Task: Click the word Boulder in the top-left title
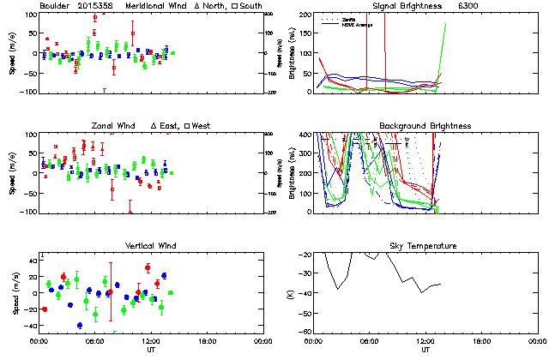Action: [x=55, y=6]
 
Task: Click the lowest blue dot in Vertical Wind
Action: [x=80, y=326]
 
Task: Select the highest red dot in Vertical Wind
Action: [x=148, y=267]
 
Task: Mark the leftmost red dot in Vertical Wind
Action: [x=44, y=309]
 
